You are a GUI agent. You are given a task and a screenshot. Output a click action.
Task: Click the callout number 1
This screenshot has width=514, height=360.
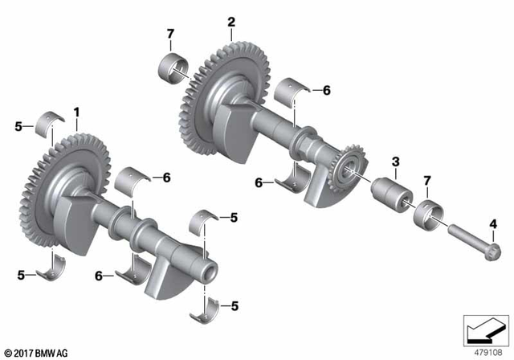77,110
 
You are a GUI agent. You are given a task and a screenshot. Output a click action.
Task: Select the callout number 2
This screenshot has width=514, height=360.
231,23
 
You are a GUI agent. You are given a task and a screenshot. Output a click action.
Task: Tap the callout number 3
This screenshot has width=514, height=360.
394,162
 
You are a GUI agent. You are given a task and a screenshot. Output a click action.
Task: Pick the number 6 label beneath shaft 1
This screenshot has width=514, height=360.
99,276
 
